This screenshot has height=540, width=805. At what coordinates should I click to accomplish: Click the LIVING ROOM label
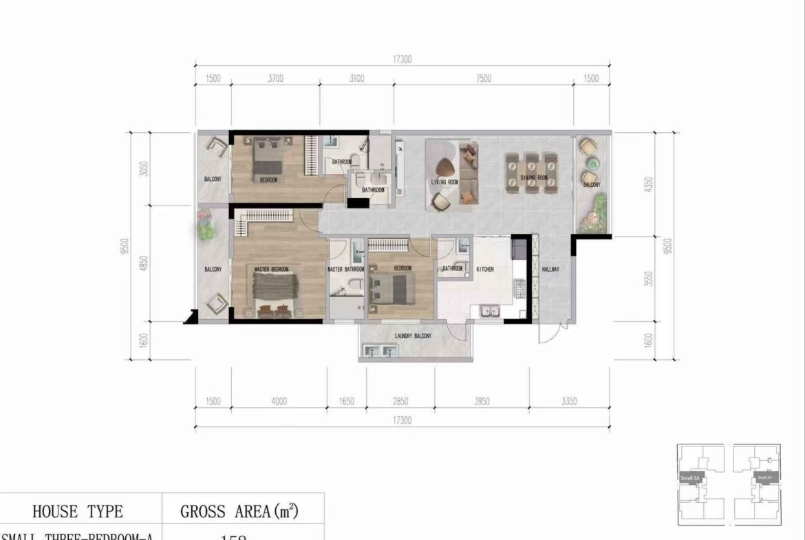click(x=444, y=182)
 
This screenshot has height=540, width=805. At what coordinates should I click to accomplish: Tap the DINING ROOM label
click(x=534, y=178)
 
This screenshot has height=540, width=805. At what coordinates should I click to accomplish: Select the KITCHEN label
click(x=485, y=269)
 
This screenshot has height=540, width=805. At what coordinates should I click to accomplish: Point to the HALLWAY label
click(x=550, y=269)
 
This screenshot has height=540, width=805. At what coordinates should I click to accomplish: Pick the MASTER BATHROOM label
click(x=345, y=269)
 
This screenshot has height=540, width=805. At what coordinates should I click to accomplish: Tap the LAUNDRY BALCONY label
click(x=414, y=336)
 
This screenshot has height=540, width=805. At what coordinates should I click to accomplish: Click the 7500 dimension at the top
click(x=483, y=78)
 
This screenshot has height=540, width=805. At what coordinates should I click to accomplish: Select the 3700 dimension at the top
click(x=275, y=78)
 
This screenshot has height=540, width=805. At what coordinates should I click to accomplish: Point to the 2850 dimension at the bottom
click(x=400, y=401)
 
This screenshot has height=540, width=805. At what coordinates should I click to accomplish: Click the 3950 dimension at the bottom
click(x=482, y=401)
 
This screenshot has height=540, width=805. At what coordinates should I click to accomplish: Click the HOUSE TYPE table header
click(x=78, y=511)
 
